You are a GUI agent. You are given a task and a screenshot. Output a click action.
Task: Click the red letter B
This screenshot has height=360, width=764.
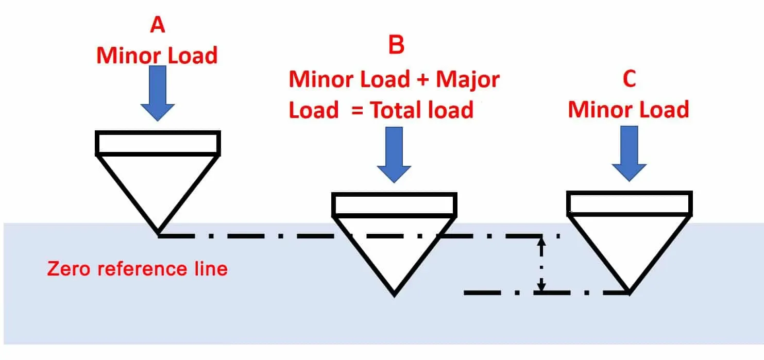click(x=396, y=46)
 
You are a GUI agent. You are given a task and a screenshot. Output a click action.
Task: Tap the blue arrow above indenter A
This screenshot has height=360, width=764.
click(x=158, y=93)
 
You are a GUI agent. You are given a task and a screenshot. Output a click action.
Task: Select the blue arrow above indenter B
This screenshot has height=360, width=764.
click(x=394, y=154)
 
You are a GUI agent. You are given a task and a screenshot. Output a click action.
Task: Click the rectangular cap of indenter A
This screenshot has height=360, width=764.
click(x=158, y=143)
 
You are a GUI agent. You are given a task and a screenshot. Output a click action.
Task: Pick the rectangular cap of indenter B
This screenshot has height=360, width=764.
click(x=394, y=204)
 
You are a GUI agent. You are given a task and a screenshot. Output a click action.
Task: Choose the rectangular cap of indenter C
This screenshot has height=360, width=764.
click(x=629, y=203)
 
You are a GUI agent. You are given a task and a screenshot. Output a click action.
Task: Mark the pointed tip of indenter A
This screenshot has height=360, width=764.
click(x=158, y=233)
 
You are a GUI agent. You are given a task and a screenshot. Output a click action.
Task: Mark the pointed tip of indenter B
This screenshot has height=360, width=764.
click(x=394, y=294)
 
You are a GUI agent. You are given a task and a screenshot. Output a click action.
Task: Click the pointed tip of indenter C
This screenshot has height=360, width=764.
click(x=629, y=292)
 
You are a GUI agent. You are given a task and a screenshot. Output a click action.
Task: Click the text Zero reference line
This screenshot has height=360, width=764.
click(x=137, y=268)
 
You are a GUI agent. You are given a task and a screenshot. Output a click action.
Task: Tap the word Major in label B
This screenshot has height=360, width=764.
click(x=468, y=79)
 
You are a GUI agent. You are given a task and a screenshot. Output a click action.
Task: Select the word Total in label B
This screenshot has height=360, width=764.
click(x=398, y=110)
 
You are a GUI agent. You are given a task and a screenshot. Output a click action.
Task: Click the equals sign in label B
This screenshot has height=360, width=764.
click(x=358, y=111)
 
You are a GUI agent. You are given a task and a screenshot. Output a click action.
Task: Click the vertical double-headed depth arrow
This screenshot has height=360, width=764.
click(x=540, y=264)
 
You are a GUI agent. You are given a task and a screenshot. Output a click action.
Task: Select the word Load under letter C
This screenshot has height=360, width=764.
click(x=663, y=110)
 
